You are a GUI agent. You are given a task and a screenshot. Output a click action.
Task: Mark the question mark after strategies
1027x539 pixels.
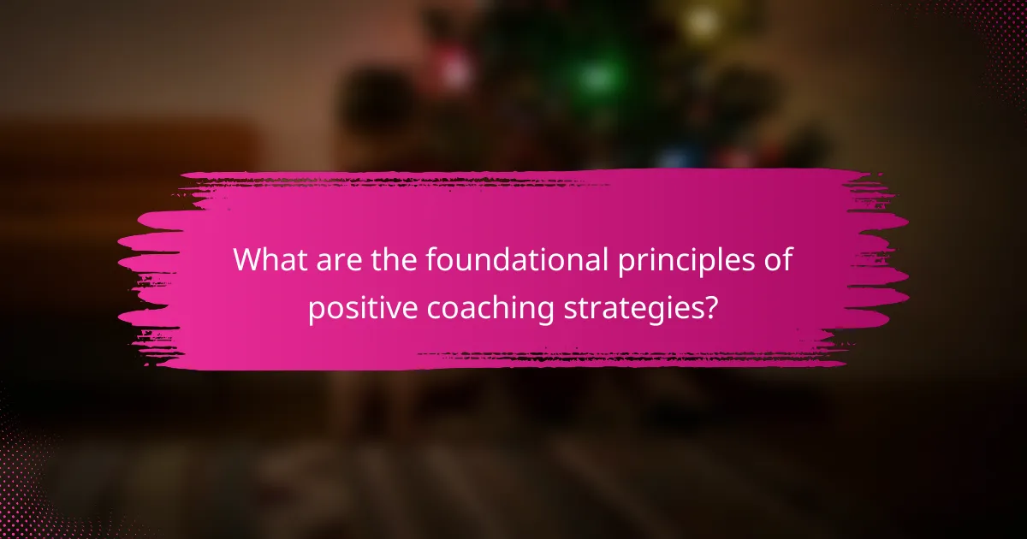tap(709, 307)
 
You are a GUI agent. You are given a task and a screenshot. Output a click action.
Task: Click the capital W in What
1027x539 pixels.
tap(250, 260)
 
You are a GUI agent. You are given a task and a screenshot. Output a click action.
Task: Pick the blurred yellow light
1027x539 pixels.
tap(702, 21)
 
